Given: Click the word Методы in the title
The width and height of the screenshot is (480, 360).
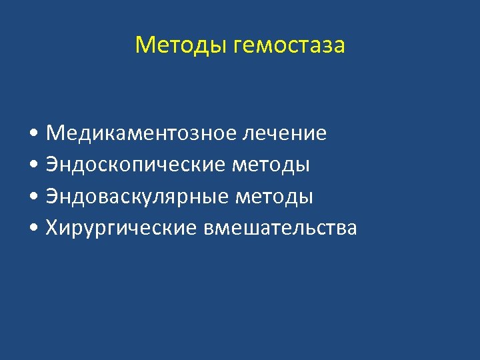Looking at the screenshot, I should [182, 45].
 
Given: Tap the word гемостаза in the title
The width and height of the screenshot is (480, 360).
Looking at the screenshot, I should [290, 46].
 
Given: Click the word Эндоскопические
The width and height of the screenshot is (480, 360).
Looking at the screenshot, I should [135, 165].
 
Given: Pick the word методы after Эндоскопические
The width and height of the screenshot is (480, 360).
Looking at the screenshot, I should [271, 165].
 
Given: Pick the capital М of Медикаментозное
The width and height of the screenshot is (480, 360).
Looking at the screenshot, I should [55, 133].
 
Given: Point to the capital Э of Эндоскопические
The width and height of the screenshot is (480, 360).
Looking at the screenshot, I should [52, 165].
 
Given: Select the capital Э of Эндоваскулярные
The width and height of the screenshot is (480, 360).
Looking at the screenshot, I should [52, 197].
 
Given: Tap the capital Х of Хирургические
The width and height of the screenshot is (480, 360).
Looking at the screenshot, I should [53, 229].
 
